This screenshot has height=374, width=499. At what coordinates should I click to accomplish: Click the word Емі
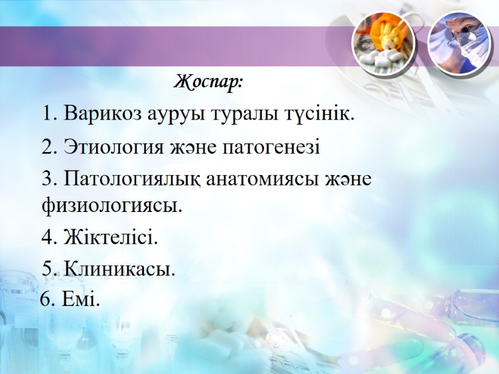point(81,301)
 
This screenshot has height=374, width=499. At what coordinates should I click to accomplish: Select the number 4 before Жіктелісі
point(47,237)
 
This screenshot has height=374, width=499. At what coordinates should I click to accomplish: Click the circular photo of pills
point(383,42)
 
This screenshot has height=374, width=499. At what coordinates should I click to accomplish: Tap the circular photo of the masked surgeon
point(458,42)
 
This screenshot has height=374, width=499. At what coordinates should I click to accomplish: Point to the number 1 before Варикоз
point(47,115)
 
